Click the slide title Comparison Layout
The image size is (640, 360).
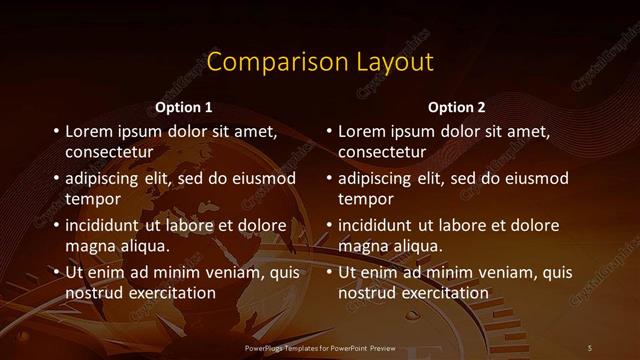coord(320,62)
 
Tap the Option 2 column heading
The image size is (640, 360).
coord(457,107)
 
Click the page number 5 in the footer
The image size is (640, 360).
coord(590,347)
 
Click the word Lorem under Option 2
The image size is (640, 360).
coord(362,131)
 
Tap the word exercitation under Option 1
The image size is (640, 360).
coord(171,293)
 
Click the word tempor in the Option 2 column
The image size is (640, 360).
coord(365,199)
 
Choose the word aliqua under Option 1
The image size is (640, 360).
coord(143,246)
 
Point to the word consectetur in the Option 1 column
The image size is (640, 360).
coord(109,152)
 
